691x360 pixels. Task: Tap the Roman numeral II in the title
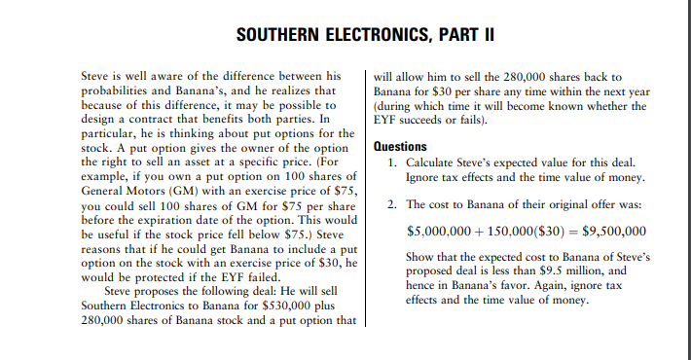tap(489, 35)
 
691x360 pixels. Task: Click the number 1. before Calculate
tap(392, 163)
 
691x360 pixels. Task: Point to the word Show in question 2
tap(421, 258)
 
